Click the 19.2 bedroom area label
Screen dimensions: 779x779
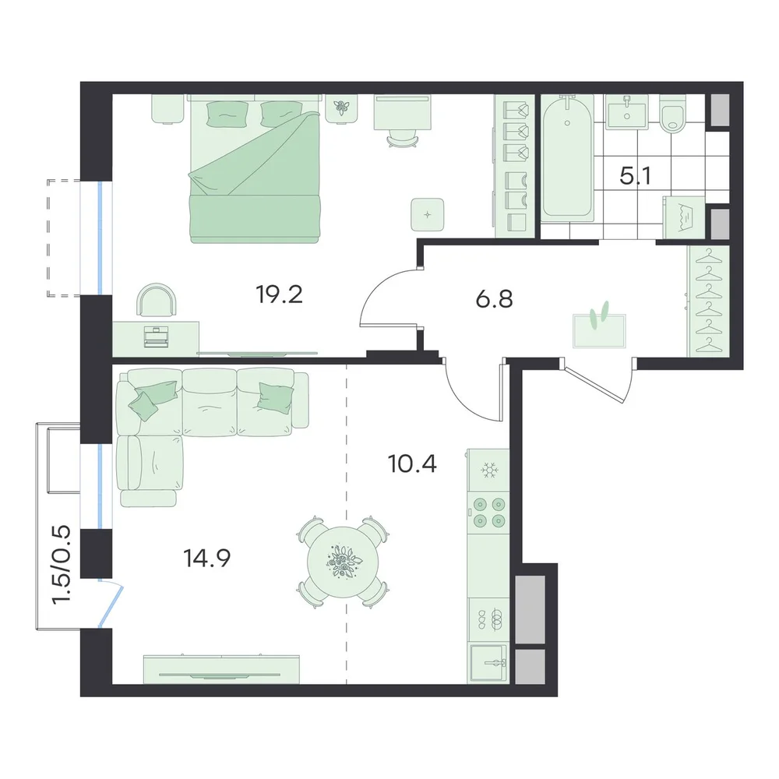click(279, 294)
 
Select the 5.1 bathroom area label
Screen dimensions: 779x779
click(636, 176)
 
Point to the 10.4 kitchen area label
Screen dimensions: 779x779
click(412, 464)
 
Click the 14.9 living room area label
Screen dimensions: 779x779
click(207, 559)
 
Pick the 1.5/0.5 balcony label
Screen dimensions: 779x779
click(62, 565)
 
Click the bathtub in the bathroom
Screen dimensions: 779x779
click(567, 158)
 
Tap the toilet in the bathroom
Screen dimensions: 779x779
click(673, 115)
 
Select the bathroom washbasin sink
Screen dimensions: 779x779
click(627, 113)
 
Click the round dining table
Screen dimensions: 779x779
click(344, 562)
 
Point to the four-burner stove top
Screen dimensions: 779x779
click(489, 513)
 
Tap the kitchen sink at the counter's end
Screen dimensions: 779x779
click(489, 662)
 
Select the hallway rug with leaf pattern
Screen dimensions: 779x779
click(599, 330)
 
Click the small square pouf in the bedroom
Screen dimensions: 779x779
click(427, 214)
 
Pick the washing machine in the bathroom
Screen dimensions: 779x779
click(684, 217)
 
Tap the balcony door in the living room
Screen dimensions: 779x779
click(111, 605)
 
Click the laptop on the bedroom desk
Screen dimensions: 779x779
click(157, 337)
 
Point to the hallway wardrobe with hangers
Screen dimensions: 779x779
click(708, 301)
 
